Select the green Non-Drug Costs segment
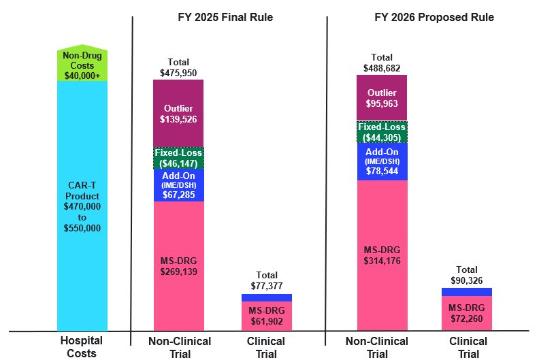tap(82, 65)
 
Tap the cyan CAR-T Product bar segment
tap(82, 204)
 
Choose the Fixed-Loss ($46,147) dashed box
tap(178, 159)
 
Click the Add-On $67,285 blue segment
tap(178, 185)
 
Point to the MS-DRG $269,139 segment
tap(178, 265)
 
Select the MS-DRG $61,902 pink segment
tap(267, 316)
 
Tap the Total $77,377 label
tap(267, 282)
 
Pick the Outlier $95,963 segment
tap(382, 99)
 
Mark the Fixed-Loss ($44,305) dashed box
tap(382, 132)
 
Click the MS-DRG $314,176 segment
tap(382, 255)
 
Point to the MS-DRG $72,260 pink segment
tap(467, 313)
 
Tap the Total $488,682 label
tap(382, 63)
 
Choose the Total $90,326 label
tap(467, 275)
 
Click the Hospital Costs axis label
tap(82, 347)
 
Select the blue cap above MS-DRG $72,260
tap(467, 292)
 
